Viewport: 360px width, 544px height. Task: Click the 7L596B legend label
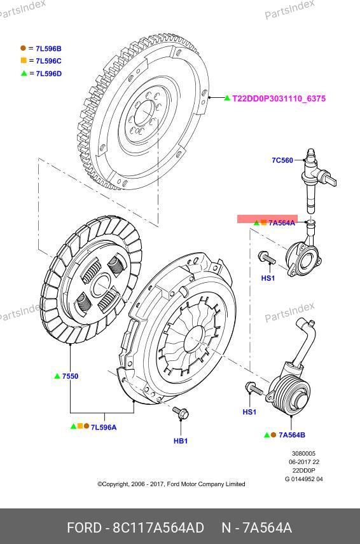48,48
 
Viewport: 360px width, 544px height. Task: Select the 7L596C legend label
48,61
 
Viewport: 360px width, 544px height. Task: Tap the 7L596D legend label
49,74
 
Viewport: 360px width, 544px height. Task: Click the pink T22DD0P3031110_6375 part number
279,99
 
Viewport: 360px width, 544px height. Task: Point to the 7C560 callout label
282,160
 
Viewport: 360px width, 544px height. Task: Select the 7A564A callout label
282,222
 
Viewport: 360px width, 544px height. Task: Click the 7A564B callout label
292,435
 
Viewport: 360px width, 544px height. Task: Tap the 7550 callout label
70,376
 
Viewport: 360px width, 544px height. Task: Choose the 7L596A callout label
104,427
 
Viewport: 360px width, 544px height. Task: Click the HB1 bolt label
181,441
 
